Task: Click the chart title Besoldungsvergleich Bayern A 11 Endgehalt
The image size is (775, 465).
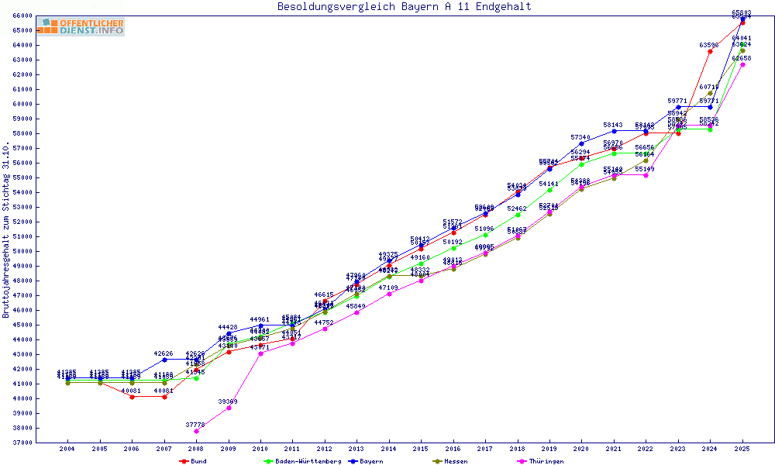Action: click(x=404, y=7)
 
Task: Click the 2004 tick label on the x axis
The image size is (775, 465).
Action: click(x=67, y=449)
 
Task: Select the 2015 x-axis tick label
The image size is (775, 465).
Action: click(x=421, y=449)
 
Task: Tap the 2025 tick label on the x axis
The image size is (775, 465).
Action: click(x=742, y=449)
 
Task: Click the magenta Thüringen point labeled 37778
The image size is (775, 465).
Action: click(x=196, y=431)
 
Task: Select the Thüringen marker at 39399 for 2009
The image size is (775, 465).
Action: click(x=229, y=407)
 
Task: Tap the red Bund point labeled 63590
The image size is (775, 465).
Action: click(x=710, y=51)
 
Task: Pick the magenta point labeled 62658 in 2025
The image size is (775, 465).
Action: click(x=742, y=64)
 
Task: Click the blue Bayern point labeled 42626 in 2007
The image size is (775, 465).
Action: click(x=164, y=360)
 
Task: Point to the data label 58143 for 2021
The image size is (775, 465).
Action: click(x=613, y=125)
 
